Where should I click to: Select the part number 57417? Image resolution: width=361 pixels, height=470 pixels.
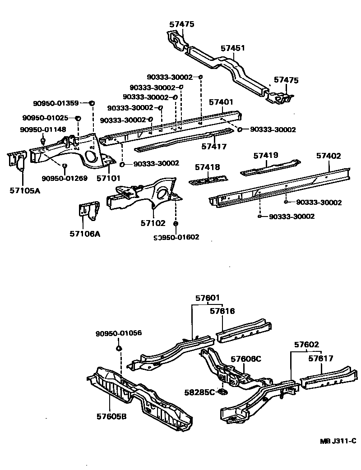[x=214, y=147]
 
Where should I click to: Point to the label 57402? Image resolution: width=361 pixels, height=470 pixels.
[x=329, y=156]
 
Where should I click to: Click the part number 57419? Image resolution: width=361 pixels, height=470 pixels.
[x=265, y=156]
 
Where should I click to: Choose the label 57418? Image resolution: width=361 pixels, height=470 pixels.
[x=208, y=167]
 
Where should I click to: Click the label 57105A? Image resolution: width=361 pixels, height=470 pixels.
[x=25, y=190]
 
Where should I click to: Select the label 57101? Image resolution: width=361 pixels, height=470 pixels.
[x=108, y=178]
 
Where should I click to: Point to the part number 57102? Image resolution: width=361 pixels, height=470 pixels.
[x=153, y=223]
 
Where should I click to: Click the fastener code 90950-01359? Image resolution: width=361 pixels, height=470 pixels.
[x=56, y=103]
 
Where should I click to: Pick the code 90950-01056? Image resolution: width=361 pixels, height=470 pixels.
[x=119, y=333]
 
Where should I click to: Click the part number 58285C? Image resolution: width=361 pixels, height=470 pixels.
[x=199, y=392]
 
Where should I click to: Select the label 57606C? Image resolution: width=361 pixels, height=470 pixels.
[x=246, y=359]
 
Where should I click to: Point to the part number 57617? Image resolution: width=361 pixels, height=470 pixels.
[x=321, y=359]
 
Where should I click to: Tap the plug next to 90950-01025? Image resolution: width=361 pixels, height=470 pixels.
[x=77, y=119]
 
